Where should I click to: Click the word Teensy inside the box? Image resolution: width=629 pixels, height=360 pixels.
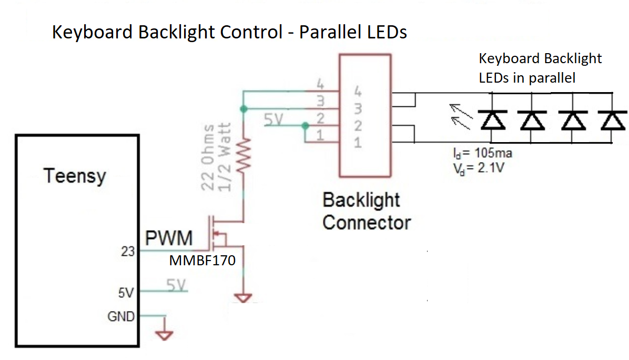tap(75, 176)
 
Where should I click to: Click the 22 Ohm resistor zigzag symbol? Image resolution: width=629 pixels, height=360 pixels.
tap(244, 155)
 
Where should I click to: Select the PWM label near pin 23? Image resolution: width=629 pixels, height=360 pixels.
tap(169, 239)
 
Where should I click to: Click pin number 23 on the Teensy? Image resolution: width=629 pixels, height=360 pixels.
tap(128, 251)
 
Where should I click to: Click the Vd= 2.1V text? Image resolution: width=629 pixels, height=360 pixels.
tap(471, 168)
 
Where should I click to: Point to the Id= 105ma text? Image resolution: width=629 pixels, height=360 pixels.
tap(482, 154)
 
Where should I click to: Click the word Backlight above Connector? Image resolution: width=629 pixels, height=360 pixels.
tap(361, 201)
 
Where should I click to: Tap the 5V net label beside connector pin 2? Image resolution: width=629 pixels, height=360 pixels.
tap(274, 121)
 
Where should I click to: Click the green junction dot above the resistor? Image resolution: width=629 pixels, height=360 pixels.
tap(243, 108)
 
